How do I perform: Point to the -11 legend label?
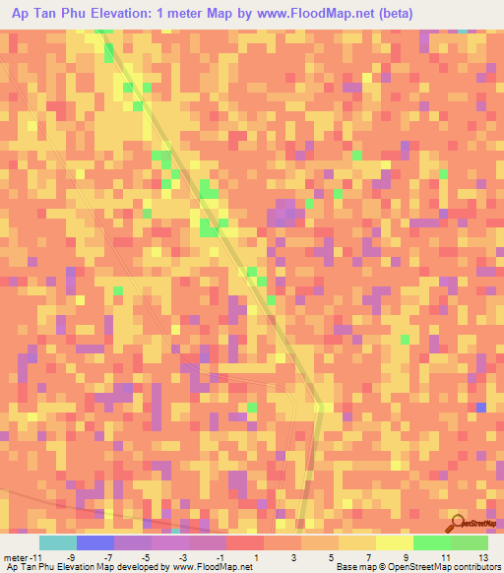[36, 556]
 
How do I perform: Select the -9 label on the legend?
[71, 556]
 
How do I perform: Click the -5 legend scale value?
[146, 556]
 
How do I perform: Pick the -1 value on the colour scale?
[220, 556]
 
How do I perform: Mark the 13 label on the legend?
[482, 556]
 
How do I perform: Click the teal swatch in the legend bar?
[57, 542]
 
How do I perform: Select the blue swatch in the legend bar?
[94, 542]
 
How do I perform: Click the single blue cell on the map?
[480, 407]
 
